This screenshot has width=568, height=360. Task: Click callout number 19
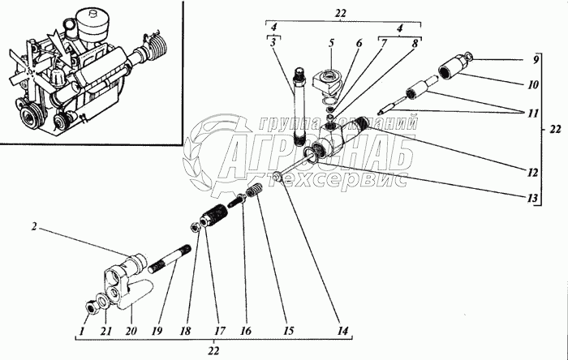pyautogui.click(x=157, y=330)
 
